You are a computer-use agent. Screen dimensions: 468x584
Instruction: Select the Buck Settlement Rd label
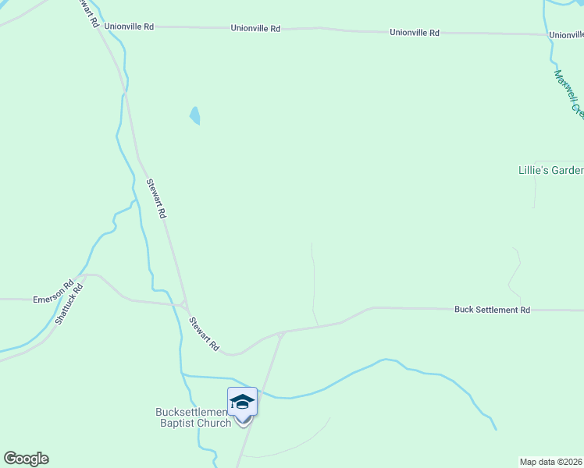(492, 310)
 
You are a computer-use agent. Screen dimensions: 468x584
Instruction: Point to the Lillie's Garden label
(550, 170)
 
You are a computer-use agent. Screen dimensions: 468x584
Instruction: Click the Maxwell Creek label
(568, 94)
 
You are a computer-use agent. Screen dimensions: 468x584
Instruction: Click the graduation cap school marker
(242, 402)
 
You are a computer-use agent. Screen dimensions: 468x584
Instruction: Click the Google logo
(26, 459)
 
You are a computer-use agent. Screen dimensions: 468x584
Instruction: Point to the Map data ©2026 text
(551, 462)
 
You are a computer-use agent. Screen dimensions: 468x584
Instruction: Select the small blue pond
(194, 115)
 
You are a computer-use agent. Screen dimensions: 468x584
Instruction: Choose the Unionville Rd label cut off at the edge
(566, 35)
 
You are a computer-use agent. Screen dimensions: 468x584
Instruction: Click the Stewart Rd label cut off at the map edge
(88, 13)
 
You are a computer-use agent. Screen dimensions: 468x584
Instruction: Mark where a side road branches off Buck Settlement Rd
(280, 334)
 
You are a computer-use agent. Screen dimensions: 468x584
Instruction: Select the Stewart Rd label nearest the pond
(156, 198)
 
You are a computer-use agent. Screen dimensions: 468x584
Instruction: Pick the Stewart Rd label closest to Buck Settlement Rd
(204, 333)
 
